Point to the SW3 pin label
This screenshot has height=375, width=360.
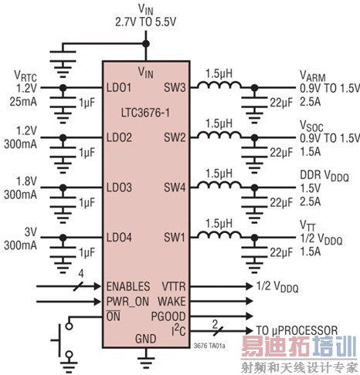176,89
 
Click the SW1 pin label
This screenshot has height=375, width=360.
176,235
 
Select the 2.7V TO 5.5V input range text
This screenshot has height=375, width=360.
146,22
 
